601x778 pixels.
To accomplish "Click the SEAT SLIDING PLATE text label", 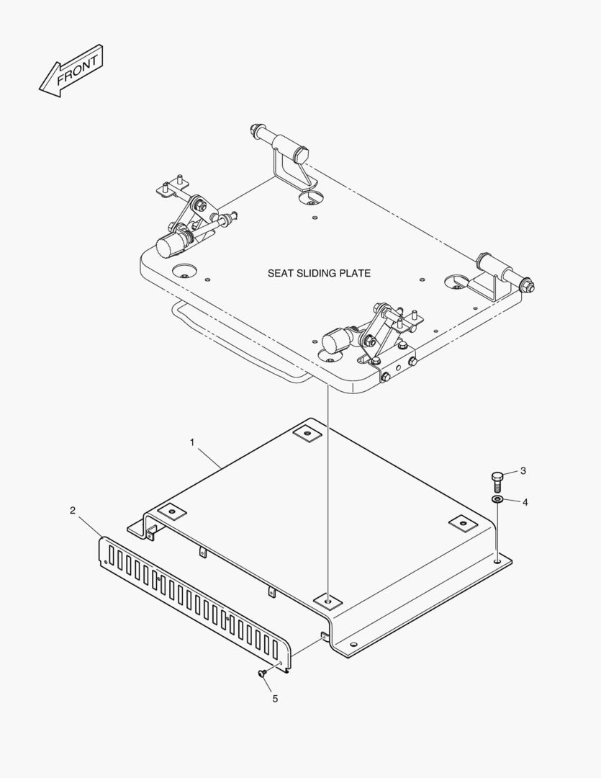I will (x=319, y=273).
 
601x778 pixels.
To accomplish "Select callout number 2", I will (x=73, y=511).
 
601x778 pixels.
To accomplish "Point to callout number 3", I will (x=523, y=470).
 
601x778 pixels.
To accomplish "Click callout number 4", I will (x=525, y=501).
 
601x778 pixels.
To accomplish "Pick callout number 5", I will (x=274, y=698).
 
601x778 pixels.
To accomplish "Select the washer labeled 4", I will (x=497, y=499).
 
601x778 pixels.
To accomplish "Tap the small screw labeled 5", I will (x=262, y=674).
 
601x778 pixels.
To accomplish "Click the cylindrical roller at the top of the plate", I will (x=288, y=144).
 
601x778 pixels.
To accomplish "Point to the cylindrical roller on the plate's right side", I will (x=502, y=272).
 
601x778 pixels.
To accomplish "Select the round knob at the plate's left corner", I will (x=169, y=246).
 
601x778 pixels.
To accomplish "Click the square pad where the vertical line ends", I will (x=327, y=599).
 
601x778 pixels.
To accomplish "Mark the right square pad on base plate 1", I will (x=462, y=522).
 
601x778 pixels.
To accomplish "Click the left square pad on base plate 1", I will (x=171, y=511).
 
